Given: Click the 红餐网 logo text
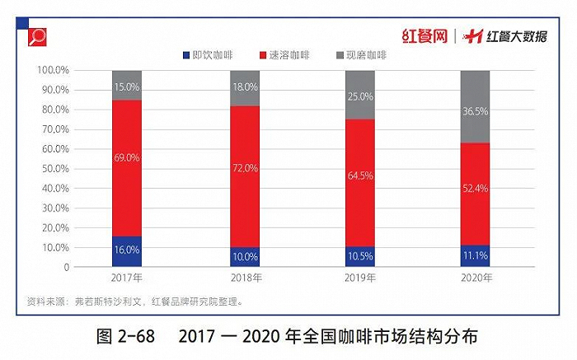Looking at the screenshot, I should tap(425, 36).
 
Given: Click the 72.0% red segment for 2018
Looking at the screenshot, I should tap(245, 167).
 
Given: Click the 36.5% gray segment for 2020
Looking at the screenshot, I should tap(475, 107).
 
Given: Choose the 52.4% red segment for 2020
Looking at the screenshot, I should tap(475, 189).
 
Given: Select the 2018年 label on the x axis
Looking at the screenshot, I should tap(245, 278).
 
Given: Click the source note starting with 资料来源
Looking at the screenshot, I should tap(135, 301).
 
